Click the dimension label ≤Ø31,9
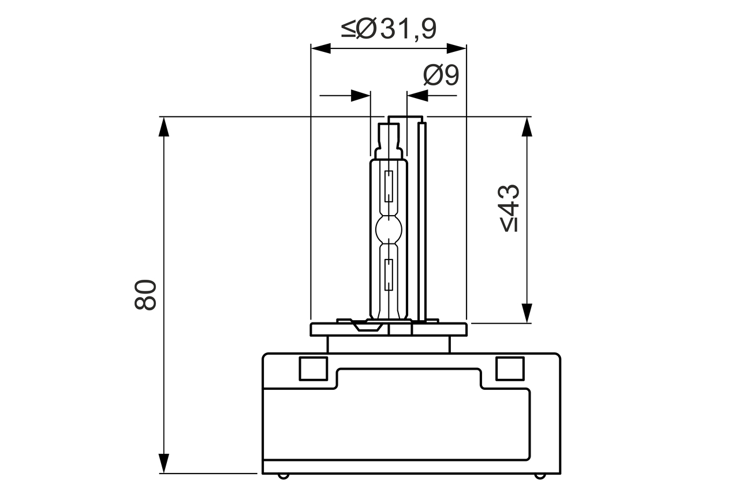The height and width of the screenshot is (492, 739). [x=389, y=28]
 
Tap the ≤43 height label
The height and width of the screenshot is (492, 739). [x=510, y=208]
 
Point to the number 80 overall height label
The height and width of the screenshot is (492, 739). [x=145, y=295]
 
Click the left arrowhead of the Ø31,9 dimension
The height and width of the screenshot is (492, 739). [x=320, y=48]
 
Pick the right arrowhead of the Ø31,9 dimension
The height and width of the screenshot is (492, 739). [x=456, y=48]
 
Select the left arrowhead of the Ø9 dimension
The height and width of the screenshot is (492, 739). [x=360, y=96]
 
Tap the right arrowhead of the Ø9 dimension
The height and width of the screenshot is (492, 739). [x=417, y=96]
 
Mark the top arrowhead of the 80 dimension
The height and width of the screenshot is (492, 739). [x=164, y=126]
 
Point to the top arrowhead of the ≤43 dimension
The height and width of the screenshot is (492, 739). [x=527, y=126]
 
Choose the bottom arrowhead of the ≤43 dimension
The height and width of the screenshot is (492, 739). [x=527, y=313]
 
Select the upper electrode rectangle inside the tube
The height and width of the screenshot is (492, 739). [x=389, y=186]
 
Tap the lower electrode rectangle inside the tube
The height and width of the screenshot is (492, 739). [x=389, y=275]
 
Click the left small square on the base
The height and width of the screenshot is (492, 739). [x=313, y=369]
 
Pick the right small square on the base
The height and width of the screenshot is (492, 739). [x=510, y=369]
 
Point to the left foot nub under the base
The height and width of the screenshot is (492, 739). [x=282, y=476]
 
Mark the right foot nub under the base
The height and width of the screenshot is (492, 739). [x=539, y=476]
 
